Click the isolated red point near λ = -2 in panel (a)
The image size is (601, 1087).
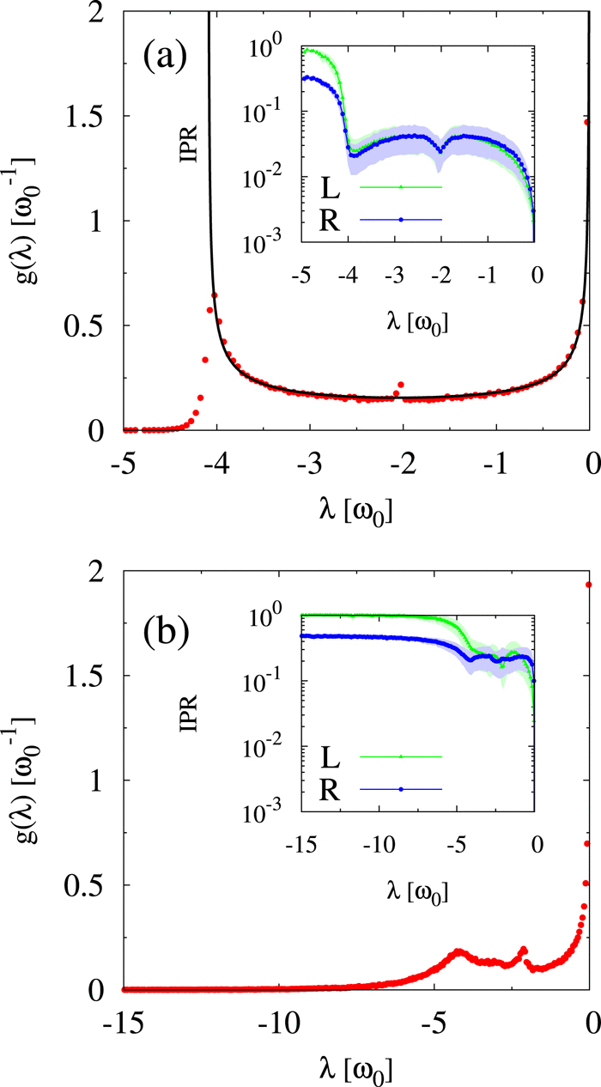400,385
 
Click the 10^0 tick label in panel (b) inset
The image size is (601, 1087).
277,616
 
